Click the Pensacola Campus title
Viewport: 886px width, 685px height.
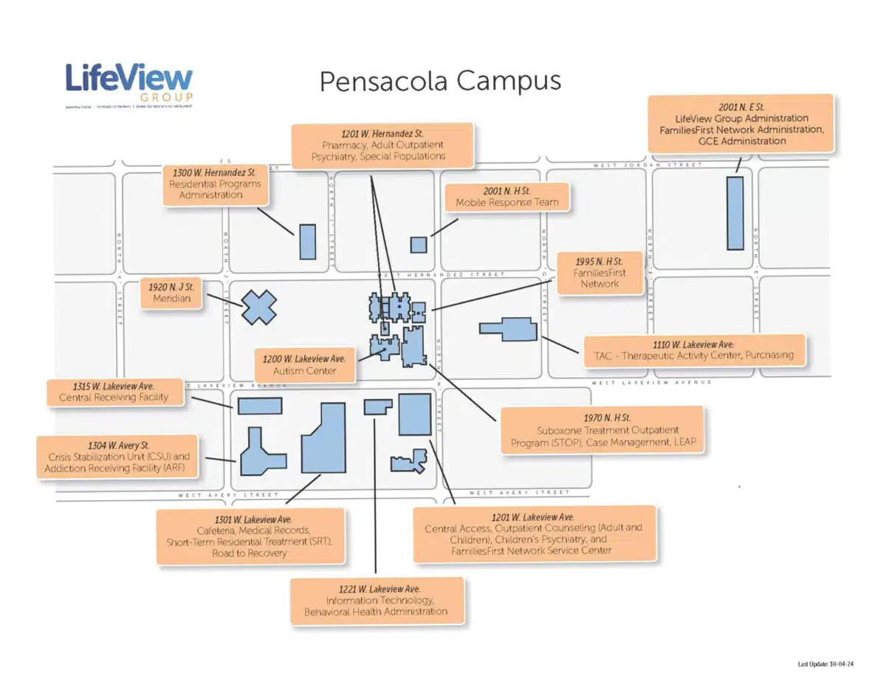tap(439, 81)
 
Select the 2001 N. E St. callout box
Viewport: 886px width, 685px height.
tap(741, 124)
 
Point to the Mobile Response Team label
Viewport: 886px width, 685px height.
tap(506, 197)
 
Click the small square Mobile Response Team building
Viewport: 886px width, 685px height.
tap(419, 245)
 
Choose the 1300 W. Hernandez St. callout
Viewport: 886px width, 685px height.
tap(215, 183)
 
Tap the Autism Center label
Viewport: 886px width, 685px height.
tap(304, 365)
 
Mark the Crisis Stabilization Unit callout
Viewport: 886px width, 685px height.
tap(118, 457)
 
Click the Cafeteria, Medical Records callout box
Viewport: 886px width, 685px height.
tap(250, 536)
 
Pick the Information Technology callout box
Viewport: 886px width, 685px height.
tap(377, 600)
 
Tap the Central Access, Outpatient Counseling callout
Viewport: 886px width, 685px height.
tap(533, 534)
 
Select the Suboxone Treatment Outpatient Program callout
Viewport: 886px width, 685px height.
tap(602, 431)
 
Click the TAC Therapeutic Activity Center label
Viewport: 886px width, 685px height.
tap(694, 350)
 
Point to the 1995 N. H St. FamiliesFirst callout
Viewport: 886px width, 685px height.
tap(599, 273)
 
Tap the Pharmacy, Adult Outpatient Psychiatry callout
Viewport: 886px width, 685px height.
tap(382, 145)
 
